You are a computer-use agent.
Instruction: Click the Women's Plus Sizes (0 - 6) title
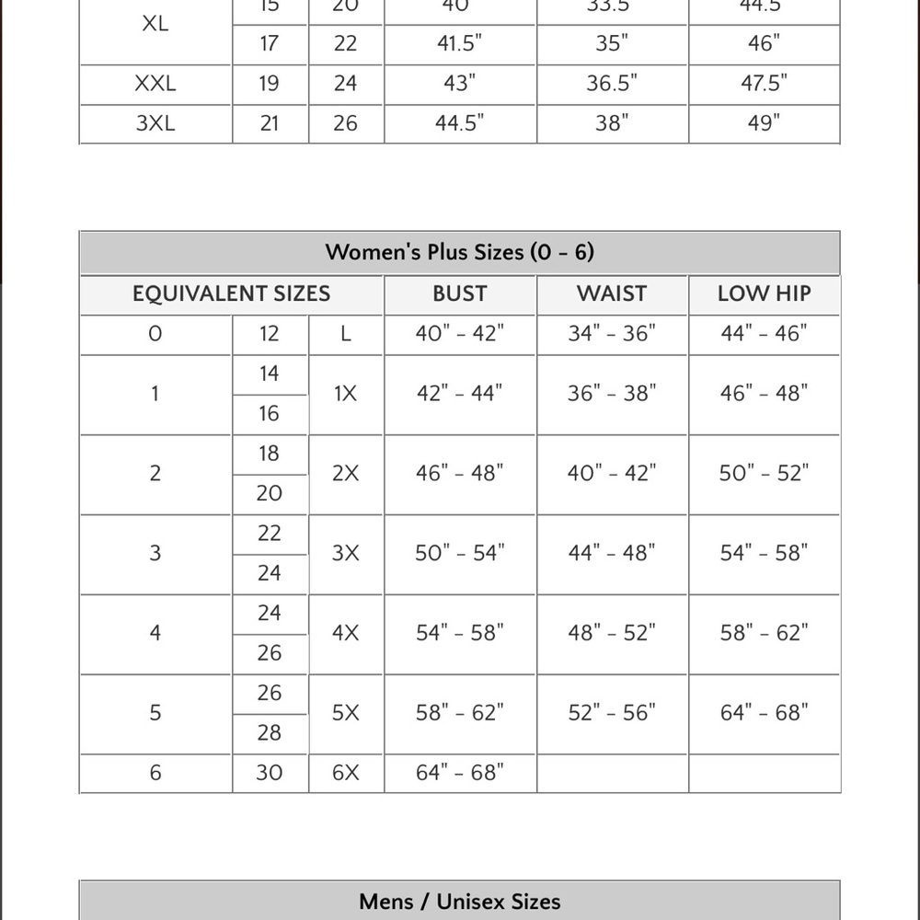(459, 252)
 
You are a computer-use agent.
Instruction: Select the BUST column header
(459, 293)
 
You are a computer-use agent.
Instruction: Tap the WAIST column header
(612, 293)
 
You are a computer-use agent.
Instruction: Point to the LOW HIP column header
(764, 293)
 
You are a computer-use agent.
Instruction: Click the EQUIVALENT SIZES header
(231, 293)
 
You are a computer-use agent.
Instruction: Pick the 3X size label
(345, 553)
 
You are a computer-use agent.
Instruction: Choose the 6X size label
(345, 773)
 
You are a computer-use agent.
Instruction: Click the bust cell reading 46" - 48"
(459, 473)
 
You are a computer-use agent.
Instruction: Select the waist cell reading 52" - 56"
(612, 713)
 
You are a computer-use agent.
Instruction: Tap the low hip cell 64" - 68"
(764, 713)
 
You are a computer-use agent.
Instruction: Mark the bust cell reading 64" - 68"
(459, 773)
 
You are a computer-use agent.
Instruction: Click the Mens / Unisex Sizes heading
(459, 902)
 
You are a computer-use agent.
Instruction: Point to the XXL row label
(155, 84)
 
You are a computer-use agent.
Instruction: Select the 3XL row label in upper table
(155, 123)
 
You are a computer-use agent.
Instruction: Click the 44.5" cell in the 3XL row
(459, 123)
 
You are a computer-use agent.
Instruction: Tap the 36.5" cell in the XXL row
(612, 84)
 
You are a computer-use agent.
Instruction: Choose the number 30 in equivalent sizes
(269, 773)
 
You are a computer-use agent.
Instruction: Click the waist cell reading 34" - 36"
(612, 333)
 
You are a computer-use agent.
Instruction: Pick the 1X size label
(345, 394)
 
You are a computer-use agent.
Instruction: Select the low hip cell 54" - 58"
(764, 553)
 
